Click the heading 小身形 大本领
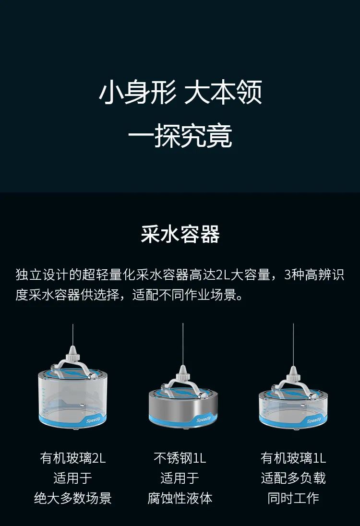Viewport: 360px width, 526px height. (180, 92)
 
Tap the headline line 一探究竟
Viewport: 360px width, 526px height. (180, 135)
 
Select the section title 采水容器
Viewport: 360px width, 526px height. (180, 234)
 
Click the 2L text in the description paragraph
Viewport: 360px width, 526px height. (222, 275)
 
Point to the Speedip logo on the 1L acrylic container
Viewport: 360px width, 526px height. (314, 419)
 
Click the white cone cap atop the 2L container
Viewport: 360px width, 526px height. (72, 353)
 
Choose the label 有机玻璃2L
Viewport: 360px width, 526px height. (73, 458)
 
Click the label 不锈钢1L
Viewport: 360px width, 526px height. (180, 458)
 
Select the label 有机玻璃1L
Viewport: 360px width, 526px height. (293, 458)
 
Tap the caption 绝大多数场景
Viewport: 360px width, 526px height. (73, 498)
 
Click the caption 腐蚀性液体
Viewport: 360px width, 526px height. (180, 498)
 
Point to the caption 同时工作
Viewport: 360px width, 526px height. (293, 498)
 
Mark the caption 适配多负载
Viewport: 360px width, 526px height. (293, 478)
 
